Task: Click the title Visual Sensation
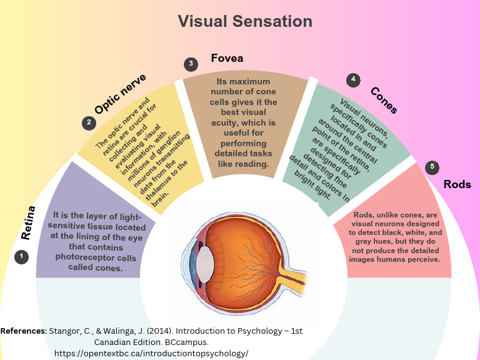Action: [245, 21]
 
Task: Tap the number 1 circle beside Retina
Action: [22, 257]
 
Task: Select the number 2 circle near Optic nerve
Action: [89, 122]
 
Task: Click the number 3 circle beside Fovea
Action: [191, 64]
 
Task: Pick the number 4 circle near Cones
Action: [354, 79]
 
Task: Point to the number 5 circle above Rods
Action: [431, 167]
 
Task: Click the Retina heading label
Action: [27, 223]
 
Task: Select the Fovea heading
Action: [227, 59]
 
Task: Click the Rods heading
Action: [457, 184]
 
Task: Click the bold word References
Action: [24, 331]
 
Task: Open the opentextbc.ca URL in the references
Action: [151, 353]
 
